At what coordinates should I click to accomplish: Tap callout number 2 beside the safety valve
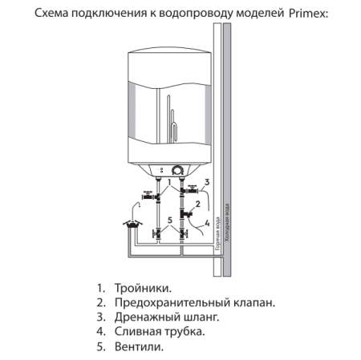coord(197,206)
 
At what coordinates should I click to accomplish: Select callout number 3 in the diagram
coord(207,184)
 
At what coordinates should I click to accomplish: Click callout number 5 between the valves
coord(169,220)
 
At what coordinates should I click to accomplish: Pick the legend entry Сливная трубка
coord(156,332)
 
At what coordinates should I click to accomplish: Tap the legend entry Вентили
coord(139,347)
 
